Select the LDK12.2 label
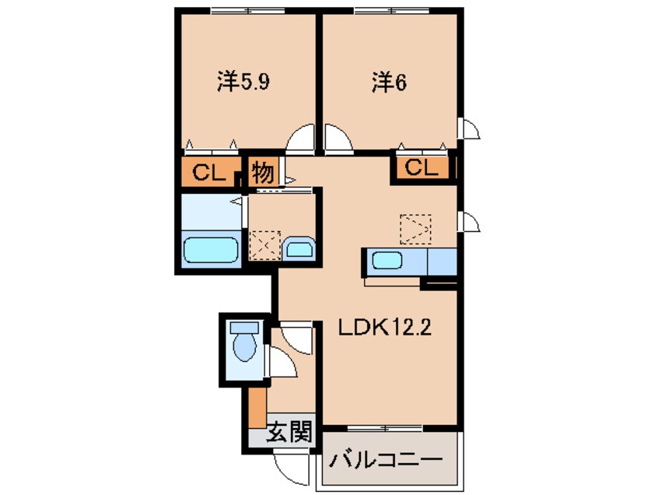[x=383, y=330]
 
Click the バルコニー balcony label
[x=384, y=459]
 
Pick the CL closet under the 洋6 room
[x=421, y=167]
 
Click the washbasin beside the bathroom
[x=299, y=249]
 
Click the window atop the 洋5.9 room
[x=243, y=11]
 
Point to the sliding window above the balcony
[x=384, y=429]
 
